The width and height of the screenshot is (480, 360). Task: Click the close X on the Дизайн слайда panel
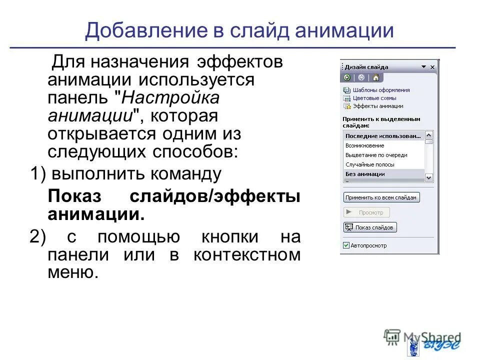point(432,67)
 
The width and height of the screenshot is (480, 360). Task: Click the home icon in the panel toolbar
point(375,77)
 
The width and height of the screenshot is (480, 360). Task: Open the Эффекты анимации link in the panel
point(377,106)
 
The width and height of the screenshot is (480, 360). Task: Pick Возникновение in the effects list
point(365,145)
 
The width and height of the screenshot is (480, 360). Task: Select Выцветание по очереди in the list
point(376,155)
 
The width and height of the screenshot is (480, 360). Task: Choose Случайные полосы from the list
point(370,164)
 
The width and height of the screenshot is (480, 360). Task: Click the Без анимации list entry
point(365,174)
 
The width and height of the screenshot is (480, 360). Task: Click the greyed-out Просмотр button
point(366,212)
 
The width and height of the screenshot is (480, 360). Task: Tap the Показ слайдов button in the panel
point(370,227)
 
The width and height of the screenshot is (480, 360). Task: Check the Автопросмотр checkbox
point(346,245)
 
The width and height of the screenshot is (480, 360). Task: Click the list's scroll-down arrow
point(429,177)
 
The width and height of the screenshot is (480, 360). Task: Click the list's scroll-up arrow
point(429,135)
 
